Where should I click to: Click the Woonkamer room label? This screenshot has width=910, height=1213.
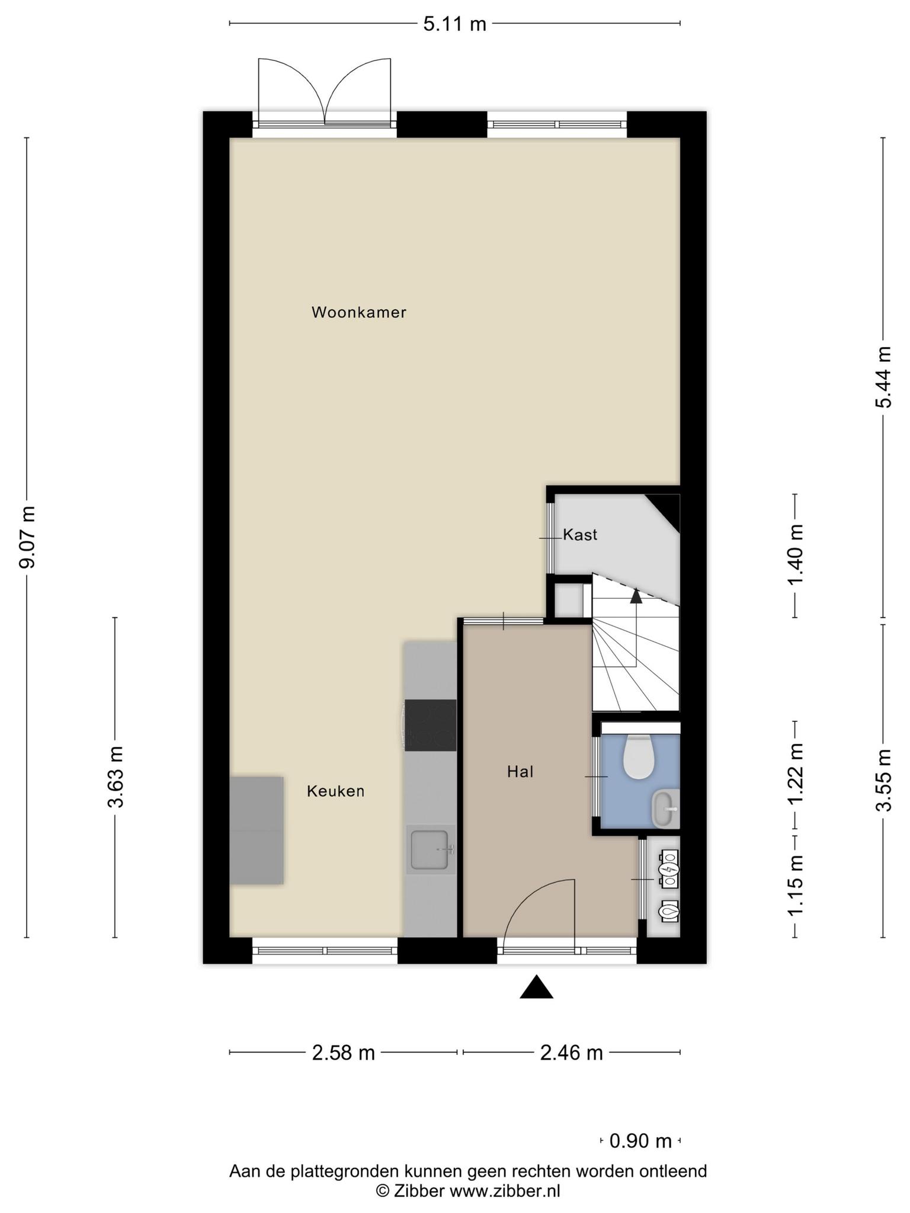point(359,312)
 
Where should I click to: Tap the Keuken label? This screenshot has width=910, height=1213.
point(335,791)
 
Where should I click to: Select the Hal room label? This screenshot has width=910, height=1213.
point(520,772)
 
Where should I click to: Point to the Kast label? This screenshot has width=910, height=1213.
point(580,535)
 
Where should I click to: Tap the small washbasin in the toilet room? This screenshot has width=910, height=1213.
point(665,808)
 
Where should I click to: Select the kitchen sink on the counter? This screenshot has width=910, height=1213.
point(430,849)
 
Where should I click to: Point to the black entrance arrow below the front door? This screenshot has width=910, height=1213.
point(537,986)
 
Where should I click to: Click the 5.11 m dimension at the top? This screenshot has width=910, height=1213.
point(454,24)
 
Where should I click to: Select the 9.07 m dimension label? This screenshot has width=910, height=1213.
point(27,537)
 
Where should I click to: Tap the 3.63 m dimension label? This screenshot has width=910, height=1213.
point(116,776)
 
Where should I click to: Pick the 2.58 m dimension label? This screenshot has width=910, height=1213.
point(344,1052)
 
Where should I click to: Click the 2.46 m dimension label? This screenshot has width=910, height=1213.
point(572,1052)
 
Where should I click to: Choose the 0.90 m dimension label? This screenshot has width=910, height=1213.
point(640,1140)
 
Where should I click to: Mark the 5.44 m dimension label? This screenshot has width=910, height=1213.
point(883,377)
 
